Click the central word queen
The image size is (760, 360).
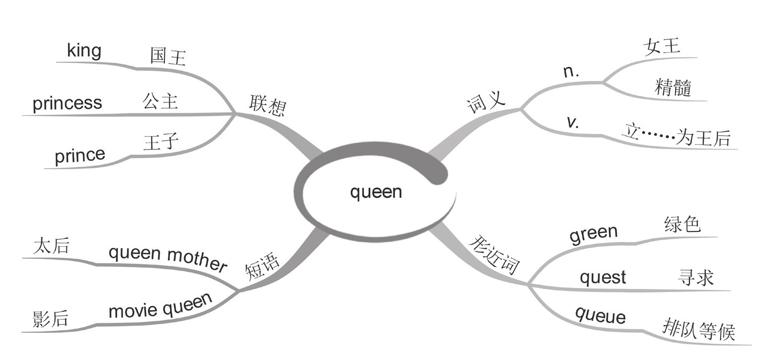pos(376,192)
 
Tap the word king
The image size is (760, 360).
pos(84,51)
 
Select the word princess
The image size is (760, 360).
pos(67,103)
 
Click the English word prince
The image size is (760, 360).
pos(80,155)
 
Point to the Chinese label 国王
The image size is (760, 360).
pos(168,58)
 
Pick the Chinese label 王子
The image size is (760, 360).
pos(160,144)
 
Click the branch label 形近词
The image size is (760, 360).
pos(494,254)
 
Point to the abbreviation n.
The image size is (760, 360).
pos(572,72)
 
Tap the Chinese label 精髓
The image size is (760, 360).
pos(673,88)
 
